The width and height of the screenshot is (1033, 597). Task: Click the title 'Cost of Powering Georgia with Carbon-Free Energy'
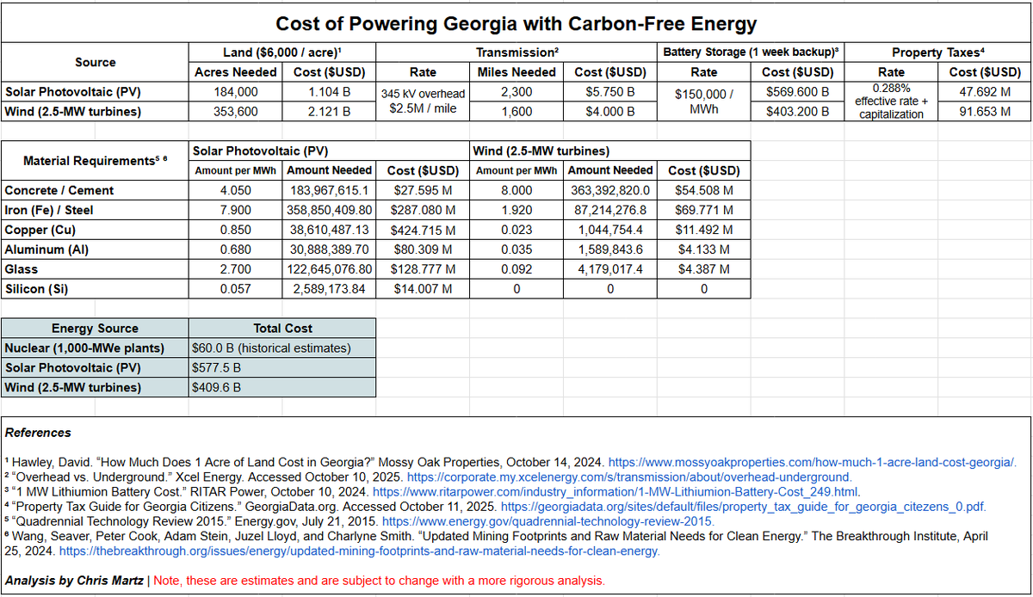coord(516,23)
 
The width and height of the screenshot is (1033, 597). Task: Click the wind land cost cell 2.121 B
coord(328,111)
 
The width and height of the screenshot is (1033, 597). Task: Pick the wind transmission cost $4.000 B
coord(609,111)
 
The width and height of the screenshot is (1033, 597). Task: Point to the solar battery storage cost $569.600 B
coord(797,91)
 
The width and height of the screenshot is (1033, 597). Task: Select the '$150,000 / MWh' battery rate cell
coord(704,101)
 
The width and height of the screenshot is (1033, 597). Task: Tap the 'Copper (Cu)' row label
coord(40,230)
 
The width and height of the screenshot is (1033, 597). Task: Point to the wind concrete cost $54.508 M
coord(702,190)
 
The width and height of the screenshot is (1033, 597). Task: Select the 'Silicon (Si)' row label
coord(38,289)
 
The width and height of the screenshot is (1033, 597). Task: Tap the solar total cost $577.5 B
coord(216,368)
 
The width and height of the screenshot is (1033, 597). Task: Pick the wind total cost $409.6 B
coord(216,388)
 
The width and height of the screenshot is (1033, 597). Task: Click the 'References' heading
coord(38,433)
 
